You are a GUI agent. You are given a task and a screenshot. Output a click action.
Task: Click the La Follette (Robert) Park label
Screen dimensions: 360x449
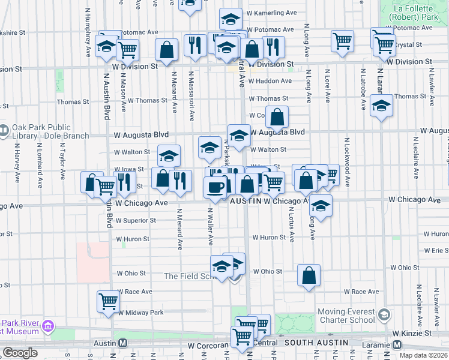[412, 13]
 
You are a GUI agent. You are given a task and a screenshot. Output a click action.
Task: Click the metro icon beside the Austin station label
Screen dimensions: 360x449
[122, 343]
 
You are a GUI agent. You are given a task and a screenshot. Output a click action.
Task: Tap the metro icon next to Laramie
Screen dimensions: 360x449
[397, 344]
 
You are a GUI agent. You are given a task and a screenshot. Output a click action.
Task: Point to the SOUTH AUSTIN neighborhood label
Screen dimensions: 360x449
[317, 343]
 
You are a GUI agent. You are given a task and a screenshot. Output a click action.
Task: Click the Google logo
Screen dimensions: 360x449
[20, 353]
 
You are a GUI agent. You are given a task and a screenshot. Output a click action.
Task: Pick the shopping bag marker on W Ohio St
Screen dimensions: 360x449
[309, 276]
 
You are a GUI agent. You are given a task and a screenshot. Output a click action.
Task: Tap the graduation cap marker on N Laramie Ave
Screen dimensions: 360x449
[381, 106]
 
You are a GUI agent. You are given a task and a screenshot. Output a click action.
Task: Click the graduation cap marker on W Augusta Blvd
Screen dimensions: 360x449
[239, 135]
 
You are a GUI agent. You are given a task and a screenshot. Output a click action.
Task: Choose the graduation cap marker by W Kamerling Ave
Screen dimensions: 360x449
[231, 19]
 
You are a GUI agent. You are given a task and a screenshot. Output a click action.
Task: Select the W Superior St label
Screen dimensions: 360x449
[136, 220]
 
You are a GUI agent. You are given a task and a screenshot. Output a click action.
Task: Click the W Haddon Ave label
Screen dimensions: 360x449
[270, 80]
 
